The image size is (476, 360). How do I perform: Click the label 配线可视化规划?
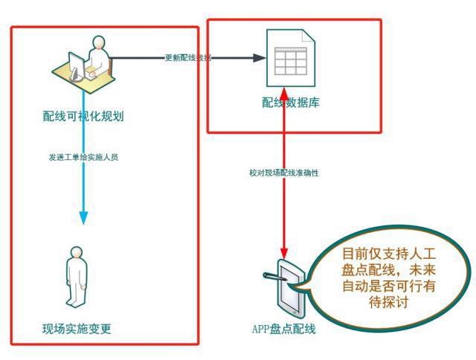pos(83,116)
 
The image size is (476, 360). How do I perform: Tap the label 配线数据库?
pos(291,103)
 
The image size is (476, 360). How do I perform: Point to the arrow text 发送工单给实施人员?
pos(83,158)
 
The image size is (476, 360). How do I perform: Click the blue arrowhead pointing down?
pos(83,216)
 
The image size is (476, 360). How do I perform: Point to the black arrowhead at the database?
pos(259,58)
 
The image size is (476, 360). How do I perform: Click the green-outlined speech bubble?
pos(387,276)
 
